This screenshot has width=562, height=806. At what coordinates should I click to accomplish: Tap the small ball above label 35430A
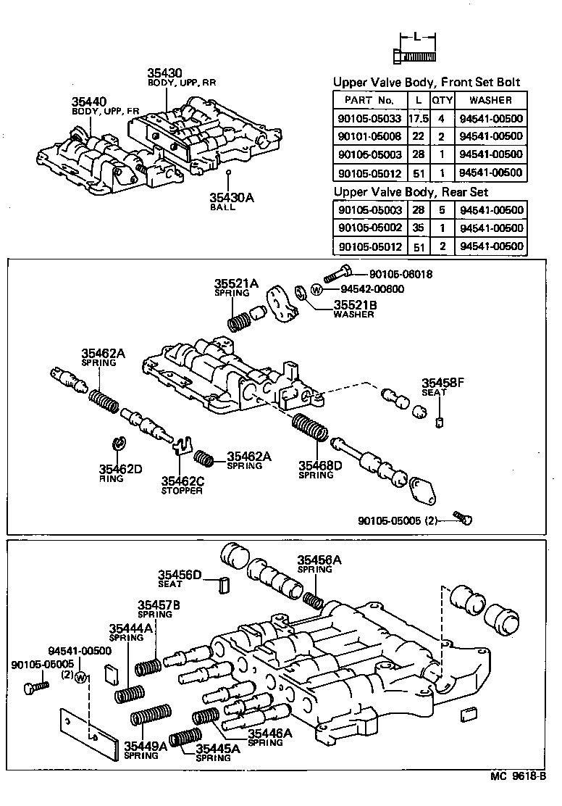(227, 173)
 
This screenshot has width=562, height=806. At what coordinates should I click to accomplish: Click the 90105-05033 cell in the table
(369, 119)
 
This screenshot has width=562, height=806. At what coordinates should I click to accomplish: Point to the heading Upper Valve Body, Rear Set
(410, 192)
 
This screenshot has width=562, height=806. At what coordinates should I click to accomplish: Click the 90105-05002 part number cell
(369, 228)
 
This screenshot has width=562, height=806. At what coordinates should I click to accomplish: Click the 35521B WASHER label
(353, 309)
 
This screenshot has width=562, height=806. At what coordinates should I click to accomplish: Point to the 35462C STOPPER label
(182, 485)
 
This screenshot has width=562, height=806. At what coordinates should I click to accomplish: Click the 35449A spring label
(145, 749)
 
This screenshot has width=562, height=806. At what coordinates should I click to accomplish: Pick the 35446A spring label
(269, 737)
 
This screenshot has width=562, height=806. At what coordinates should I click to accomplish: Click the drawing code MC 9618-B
(517, 796)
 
